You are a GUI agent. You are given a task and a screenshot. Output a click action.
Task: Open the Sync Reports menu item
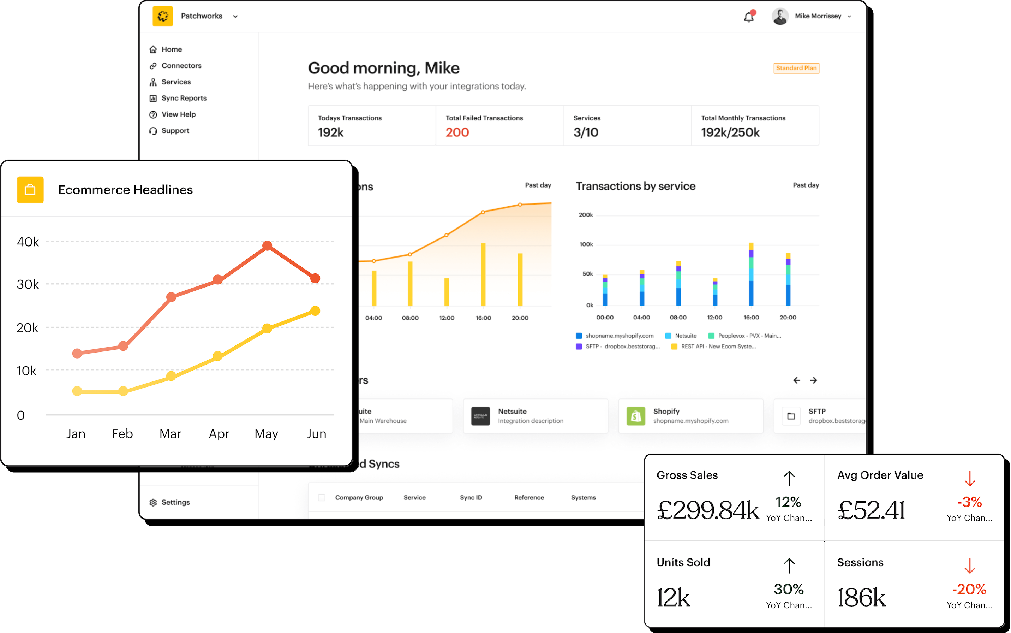tap(184, 98)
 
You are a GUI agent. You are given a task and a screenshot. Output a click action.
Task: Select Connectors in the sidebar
tap(181, 66)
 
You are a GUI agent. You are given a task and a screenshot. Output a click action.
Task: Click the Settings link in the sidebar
tap(175, 502)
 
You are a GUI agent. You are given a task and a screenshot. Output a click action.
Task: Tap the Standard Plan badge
tap(796, 68)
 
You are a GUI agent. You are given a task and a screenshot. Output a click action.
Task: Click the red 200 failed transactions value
tap(457, 132)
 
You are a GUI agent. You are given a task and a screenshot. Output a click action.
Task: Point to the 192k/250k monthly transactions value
tap(730, 132)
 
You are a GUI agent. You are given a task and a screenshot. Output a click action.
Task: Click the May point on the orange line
tap(267, 246)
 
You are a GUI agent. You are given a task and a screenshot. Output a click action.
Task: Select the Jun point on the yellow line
tap(315, 310)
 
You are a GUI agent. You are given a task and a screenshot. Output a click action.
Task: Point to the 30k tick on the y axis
tap(28, 285)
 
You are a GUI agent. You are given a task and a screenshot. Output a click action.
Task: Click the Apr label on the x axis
tap(219, 434)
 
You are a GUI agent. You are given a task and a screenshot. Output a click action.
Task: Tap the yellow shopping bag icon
tap(30, 190)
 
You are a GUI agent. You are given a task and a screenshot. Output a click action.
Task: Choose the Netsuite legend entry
tap(685, 336)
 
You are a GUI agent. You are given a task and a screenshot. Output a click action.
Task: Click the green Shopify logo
tap(635, 416)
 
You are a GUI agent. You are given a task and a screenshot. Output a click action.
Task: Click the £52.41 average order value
tap(871, 510)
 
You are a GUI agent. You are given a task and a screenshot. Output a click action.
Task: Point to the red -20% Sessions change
tap(969, 589)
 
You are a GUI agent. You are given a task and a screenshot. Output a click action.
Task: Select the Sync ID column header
tap(471, 497)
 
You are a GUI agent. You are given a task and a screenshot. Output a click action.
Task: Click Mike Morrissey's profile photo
tap(780, 16)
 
